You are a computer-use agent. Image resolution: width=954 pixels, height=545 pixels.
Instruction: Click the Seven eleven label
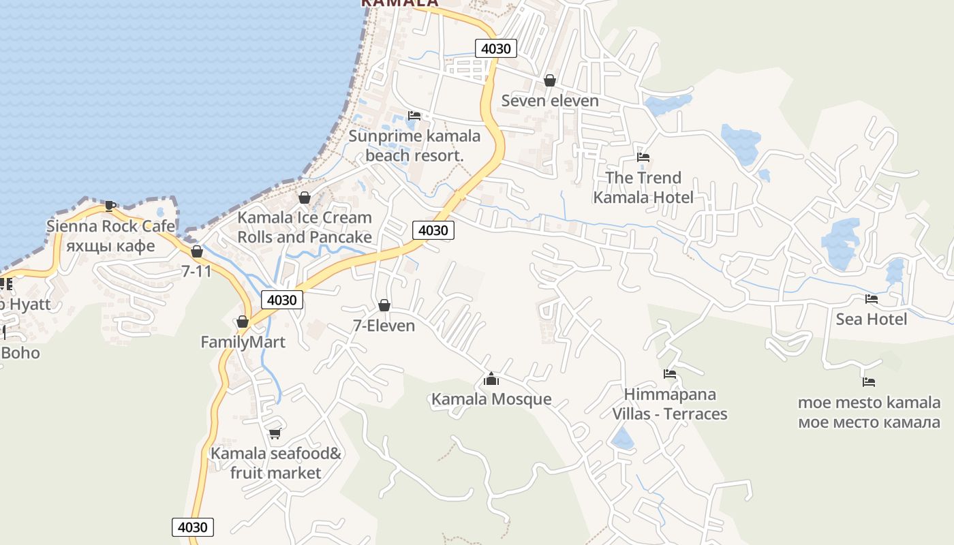tap(550, 101)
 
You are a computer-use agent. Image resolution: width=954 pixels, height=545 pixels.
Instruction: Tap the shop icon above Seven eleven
tap(550, 80)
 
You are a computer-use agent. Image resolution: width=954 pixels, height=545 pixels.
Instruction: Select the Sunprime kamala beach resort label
tap(414, 146)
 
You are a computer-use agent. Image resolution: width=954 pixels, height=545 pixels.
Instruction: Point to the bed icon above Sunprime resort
tap(414, 116)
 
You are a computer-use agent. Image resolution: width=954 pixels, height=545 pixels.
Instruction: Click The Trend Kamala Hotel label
tap(643, 187)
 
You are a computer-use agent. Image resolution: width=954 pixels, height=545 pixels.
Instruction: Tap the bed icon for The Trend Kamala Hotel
tap(643, 157)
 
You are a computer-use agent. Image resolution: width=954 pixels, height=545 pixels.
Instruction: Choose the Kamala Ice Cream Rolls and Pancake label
tap(305, 228)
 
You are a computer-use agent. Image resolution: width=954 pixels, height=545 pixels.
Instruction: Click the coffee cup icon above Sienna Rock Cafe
tap(110, 205)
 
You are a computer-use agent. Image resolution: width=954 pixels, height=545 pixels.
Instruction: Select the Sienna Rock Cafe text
tap(110, 226)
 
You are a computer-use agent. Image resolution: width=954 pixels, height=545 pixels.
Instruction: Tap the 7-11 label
tap(196, 271)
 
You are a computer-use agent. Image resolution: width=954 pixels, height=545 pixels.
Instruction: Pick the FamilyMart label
tap(243, 342)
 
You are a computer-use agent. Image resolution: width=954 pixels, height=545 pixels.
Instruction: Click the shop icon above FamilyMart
tap(243, 322)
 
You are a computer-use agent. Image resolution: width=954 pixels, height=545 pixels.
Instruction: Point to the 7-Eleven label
tap(384, 326)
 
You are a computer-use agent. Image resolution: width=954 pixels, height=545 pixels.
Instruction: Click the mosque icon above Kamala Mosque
tap(491, 379)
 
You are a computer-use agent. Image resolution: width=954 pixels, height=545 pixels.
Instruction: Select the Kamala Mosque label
tap(491, 399)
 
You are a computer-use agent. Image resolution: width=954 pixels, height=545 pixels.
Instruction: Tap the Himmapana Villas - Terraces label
tap(670, 404)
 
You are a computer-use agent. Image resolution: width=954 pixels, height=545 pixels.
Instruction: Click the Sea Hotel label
tap(872, 319)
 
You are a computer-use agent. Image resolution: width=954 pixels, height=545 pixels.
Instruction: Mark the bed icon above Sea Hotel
tap(871, 298)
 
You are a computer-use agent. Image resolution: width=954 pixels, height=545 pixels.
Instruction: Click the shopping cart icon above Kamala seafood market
tap(275, 433)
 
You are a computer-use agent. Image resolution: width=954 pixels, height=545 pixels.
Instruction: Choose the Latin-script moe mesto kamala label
tap(869, 402)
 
